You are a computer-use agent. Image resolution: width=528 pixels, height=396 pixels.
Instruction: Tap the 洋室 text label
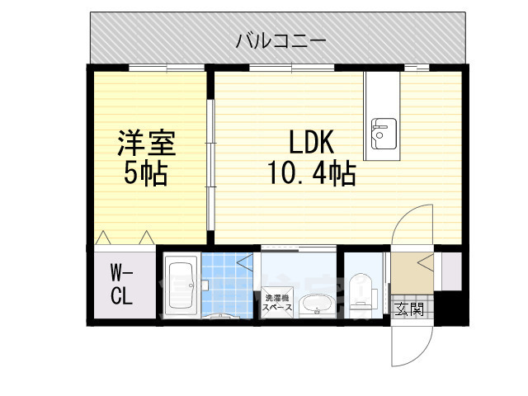(x=147, y=144)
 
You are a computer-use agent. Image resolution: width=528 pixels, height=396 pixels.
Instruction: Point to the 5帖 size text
(x=146, y=174)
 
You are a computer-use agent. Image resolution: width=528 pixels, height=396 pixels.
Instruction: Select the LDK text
(x=310, y=144)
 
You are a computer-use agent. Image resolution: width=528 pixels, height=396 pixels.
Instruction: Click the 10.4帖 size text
(x=310, y=174)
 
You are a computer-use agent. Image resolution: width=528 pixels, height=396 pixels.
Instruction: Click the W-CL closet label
(x=122, y=283)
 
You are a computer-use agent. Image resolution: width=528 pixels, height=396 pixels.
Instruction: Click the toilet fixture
(x=360, y=294)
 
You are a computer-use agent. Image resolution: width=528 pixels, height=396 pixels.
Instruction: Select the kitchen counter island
(x=382, y=115)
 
